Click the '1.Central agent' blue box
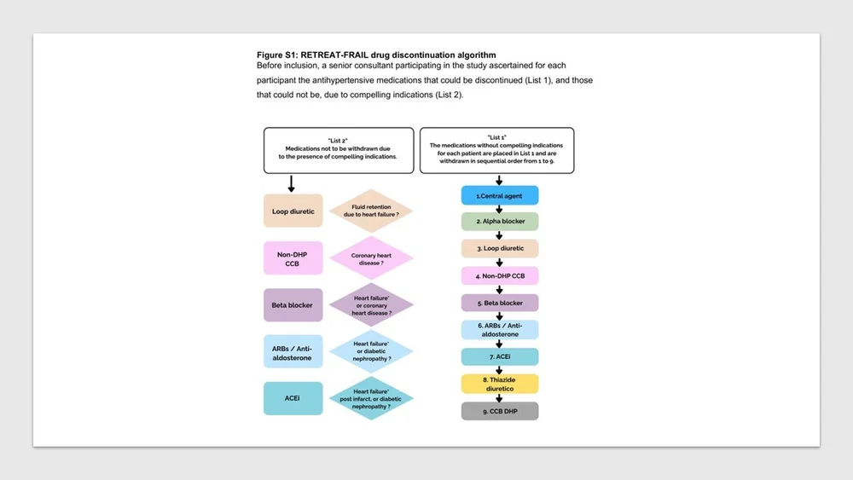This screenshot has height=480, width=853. (501, 195)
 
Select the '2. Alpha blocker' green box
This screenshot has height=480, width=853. (501, 222)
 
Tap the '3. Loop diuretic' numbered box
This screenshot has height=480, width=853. (501, 248)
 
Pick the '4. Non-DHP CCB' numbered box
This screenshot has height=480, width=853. (501, 275)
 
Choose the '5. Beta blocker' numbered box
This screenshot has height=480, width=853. (501, 303)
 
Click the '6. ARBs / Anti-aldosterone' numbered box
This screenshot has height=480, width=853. (501, 330)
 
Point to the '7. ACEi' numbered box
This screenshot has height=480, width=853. (501, 356)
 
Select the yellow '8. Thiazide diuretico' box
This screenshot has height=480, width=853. (501, 384)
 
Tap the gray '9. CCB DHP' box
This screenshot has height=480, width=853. (501, 411)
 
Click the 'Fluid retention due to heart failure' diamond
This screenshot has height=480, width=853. (371, 211)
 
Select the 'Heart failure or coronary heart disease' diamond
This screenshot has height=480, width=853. (371, 305)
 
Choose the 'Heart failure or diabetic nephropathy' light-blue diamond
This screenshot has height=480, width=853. (371, 351)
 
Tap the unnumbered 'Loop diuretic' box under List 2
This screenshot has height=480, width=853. (293, 211)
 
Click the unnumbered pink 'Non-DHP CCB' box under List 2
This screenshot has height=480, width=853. (293, 257)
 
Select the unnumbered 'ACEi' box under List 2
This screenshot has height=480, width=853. (293, 398)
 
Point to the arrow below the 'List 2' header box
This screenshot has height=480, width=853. (292, 182)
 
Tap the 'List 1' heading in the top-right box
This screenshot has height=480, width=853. (496, 136)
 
